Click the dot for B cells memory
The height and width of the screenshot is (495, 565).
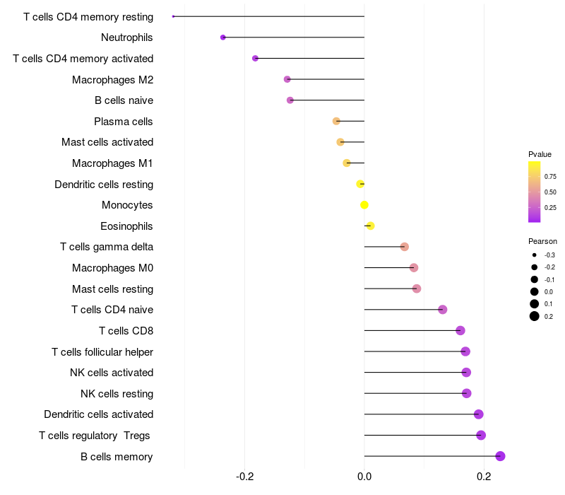(x=500, y=456)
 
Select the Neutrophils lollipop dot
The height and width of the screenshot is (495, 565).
(x=223, y=37)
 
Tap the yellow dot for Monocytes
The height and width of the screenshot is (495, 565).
(x=364, y=205)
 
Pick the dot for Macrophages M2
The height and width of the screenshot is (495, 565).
(x=287, y=79)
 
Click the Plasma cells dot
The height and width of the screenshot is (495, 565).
(x=336, y=121)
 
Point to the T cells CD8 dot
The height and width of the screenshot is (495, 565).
(x=460, y=330)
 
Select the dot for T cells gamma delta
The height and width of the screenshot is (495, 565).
(x=405, y=247)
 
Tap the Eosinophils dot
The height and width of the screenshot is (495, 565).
(x=370, y=226)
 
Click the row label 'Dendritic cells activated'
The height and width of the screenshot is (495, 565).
(x=98, y=414)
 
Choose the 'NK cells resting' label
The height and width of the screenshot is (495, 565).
(x=117, y=393)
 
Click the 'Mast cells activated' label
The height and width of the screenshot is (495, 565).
(x=107, y=142)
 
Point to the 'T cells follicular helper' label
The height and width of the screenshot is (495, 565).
(x=102, y=351)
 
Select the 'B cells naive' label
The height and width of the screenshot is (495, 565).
(x=124, y=100)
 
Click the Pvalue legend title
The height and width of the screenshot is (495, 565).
(x=540, y=154)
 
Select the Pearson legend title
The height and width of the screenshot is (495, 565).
(x=542, y=241)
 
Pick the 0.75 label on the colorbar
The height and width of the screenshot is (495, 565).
(x=550, y=176)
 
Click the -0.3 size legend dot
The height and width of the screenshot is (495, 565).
(x=535, y=255)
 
